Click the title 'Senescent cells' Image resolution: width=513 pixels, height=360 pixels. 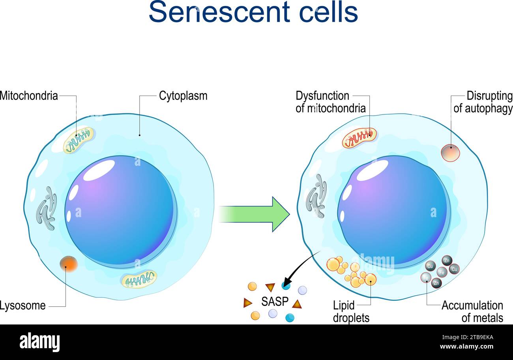pyautogui.click(x=253, y=12)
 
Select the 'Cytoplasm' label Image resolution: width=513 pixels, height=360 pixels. pyautogui.click(x=183, y=96)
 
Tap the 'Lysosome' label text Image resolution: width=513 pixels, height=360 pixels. pyautogui.click(x=22, y=306)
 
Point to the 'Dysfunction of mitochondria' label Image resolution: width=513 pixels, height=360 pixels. pyautogui.click(x=330, y=102)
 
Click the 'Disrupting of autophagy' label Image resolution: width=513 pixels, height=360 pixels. pyautogui.click(x=483, y=102)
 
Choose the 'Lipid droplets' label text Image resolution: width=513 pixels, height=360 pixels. pyautogui.click(x=351, y=311)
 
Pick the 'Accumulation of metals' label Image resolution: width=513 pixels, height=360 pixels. pyautogui.click(x=472, y=311)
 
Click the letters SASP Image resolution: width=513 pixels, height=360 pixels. pyautogui.click(x=275, y=302)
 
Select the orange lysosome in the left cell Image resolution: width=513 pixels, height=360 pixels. pyautogui.click(x=69, y=264)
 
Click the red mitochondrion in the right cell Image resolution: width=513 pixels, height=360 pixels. pyautogui.click(x=359, y=138)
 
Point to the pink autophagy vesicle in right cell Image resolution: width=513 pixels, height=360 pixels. pyautogui.click(x=450, y=153)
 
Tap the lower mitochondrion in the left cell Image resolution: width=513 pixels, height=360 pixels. pyautogui.click(x=139, y=279)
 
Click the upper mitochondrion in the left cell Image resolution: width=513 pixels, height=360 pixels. pyautogui.click(x=79, y=140)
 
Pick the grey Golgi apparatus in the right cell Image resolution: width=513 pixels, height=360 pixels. pyautogui.click(x=316, y=196)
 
